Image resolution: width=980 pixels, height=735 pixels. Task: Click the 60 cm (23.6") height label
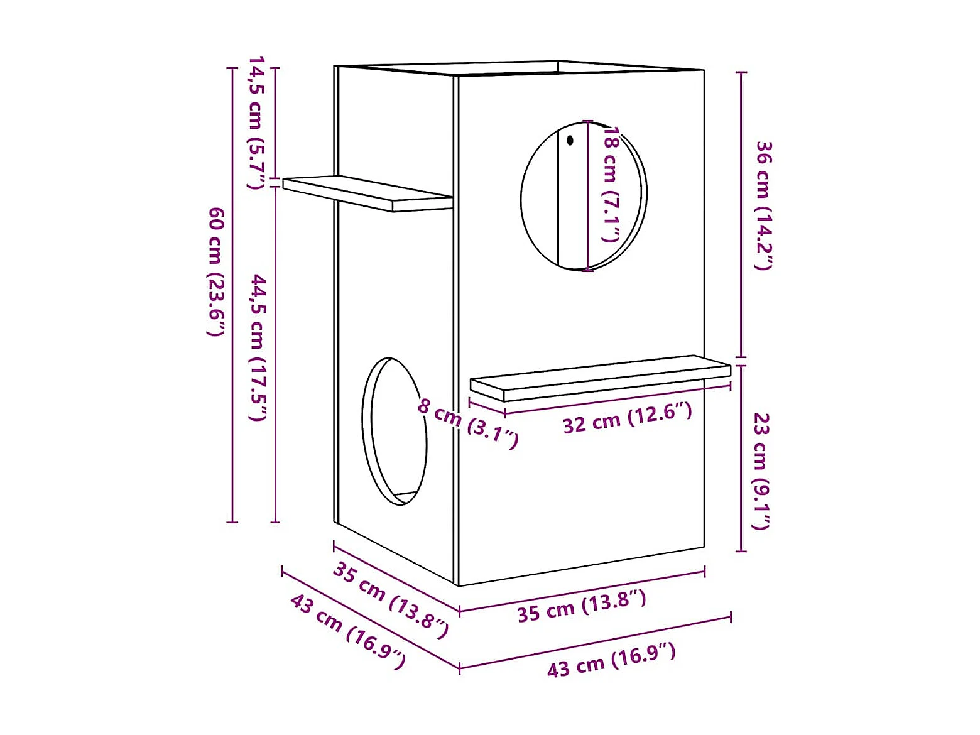point(215,271)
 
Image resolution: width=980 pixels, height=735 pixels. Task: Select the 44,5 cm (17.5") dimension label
point(258,347)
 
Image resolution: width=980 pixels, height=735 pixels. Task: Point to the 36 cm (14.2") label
point(763,205)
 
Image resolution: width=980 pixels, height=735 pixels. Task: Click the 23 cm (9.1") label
point(761,471)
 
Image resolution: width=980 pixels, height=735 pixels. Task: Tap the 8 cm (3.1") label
point(468,423)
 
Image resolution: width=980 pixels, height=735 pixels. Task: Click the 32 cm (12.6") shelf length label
point(627,419)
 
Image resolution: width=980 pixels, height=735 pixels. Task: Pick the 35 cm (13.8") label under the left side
point(390,599)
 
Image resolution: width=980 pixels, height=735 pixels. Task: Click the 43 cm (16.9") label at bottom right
point(611,660)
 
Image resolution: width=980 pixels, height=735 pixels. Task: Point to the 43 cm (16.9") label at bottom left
point(347,631)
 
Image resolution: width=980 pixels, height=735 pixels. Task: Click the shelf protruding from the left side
point(367,192)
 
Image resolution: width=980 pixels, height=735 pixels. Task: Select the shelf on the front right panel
point(600,377)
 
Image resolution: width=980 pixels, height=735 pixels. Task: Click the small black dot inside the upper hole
point(570,141)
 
